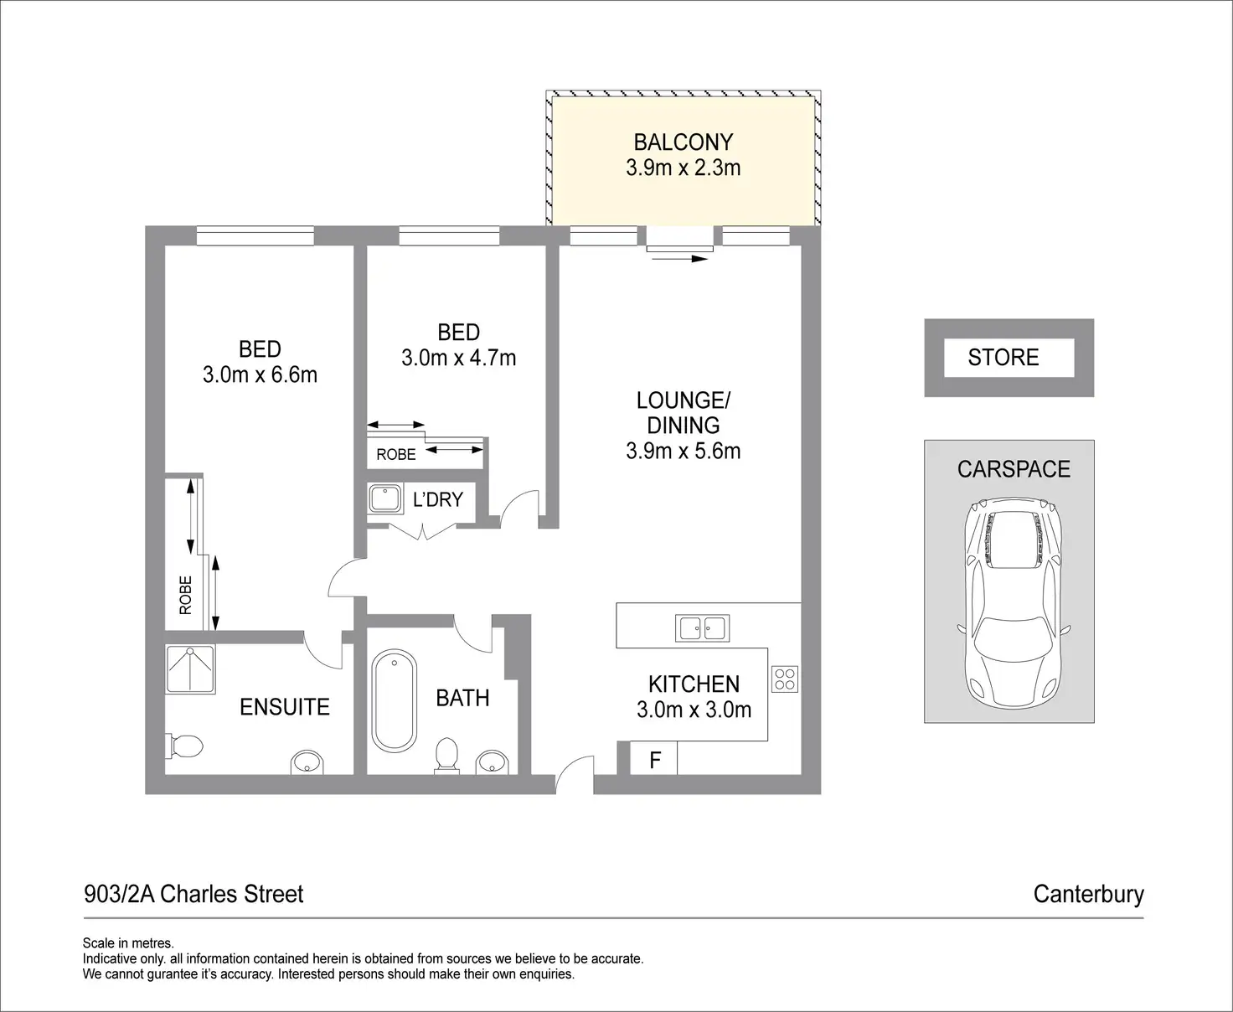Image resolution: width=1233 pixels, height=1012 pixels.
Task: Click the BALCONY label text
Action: pyautogui.click(x=683, y=142)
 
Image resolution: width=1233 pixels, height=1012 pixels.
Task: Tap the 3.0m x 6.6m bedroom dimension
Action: pyautogui.click(x=261, y=374)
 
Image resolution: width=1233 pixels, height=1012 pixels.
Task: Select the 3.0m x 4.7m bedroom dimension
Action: pyautogui.click(x=459, y=358)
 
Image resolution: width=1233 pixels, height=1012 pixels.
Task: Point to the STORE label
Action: pyautogui.click(x=1003, y=357)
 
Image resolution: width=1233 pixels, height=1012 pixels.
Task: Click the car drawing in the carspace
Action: pyautogui.click(x=1011, y=602)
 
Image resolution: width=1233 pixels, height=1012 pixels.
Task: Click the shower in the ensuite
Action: pyautogui.click(x=191, y=669)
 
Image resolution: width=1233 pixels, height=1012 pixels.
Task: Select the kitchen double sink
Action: pyautogui.click(x=702, y=628)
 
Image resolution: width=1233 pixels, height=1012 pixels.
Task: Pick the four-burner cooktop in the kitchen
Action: pyautogui.click(x=785, y=679)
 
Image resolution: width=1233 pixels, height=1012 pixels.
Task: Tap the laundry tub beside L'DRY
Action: pyautogui.click(x=385, y=498)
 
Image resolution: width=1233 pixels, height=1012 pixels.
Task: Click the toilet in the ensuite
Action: pyautogui.click(x=184, y=746)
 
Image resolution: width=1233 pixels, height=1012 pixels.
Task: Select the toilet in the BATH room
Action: pyautogui.click(x=447, y=756)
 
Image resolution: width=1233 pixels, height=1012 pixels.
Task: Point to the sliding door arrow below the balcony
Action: pyautogui.click(x=680, y=258)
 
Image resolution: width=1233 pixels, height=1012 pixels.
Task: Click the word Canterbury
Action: pyautogui.click(x=1089, y=895)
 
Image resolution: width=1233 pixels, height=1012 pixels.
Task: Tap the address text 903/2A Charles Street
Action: pyautogui.click(x=194, y=894)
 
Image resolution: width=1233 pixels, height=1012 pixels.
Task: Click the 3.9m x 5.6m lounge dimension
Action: pyautogui.click(x=683, y=452)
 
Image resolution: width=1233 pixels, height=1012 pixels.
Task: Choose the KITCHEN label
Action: pyautogui.click(x=694, y=684)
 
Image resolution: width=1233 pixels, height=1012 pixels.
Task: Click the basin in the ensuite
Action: pyautogui.click(x=307, y=762)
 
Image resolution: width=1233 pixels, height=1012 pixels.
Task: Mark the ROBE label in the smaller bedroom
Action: pyautogui.click(x=396, y=455)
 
